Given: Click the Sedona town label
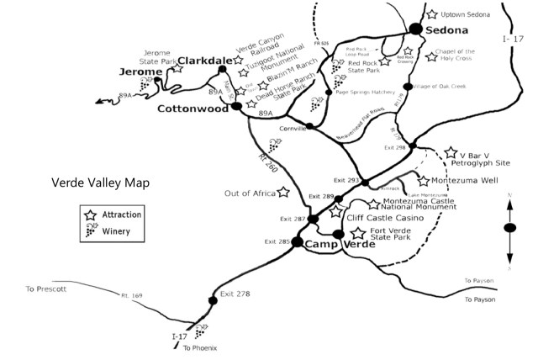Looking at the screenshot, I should coord(446,30).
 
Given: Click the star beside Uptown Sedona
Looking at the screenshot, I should coord(432,15).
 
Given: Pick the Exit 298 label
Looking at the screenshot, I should coord(394,147).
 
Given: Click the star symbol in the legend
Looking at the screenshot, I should coord(91,215).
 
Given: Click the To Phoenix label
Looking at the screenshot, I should coord(200,347).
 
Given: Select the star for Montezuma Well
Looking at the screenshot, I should coord(423,181).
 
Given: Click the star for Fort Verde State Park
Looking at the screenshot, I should coord(359,233).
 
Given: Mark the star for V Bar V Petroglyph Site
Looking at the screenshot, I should coord(451,155).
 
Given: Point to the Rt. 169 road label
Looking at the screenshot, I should coord(133,295).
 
